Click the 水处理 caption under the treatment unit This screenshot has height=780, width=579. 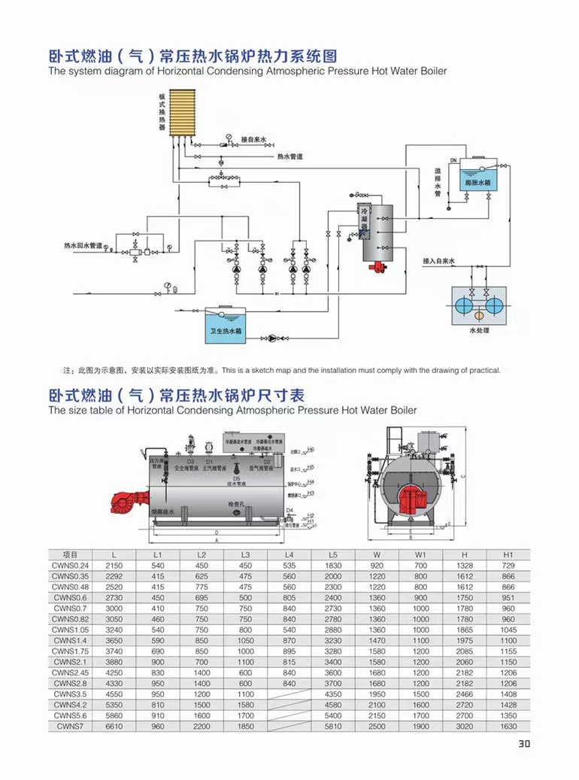coord(479,330)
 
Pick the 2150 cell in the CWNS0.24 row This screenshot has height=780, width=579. coord(114,565)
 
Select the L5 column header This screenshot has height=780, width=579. coord(333,554)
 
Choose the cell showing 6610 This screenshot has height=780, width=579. coord(114,727)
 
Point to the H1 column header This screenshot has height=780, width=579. coord(508,554)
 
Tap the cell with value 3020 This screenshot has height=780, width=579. coord(464,727)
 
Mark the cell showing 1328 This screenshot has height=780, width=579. coord(464,565)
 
